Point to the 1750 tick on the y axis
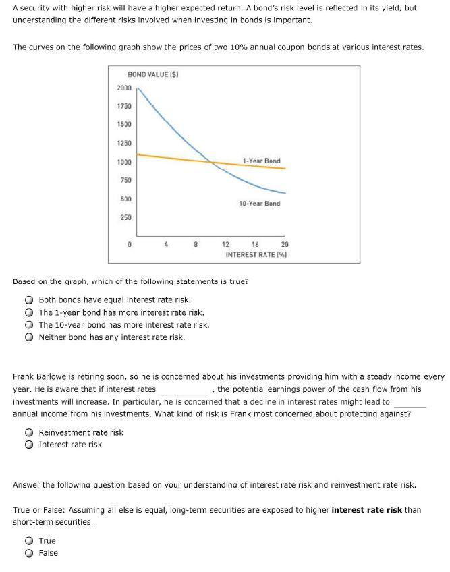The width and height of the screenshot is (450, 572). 124,107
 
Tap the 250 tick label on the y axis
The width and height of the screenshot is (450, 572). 125,217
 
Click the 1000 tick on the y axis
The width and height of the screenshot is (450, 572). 124,162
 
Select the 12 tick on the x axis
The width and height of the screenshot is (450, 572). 226,245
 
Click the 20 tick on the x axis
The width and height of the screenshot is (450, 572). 284,245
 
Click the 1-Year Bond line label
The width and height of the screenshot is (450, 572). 261,161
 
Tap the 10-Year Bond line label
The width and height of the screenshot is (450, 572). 259,203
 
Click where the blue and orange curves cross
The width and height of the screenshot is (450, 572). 212,162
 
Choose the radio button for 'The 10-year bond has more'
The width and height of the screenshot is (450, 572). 30,324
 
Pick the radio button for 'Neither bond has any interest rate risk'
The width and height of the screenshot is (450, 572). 30,337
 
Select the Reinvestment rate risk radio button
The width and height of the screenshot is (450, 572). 30,432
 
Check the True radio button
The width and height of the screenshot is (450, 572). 30,541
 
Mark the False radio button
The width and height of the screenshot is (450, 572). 30,553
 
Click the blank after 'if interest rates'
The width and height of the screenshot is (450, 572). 184,389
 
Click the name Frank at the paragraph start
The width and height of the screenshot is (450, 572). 24,377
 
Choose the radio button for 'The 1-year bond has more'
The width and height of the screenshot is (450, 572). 30,312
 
